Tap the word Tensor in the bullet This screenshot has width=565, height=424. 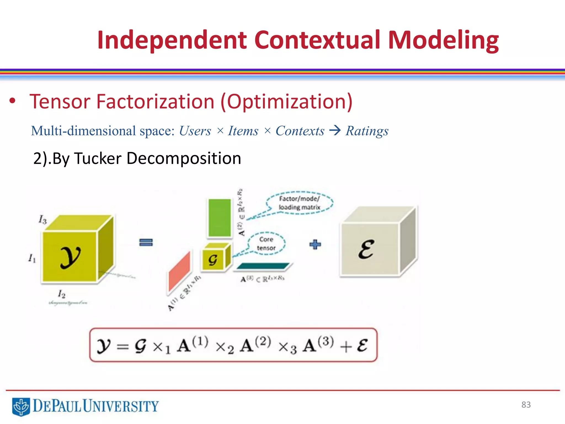tap(60, 102)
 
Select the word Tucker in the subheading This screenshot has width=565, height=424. tap(98, 158)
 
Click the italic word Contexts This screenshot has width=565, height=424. tap(300, 131)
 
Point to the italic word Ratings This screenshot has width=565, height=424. tap(367, 131)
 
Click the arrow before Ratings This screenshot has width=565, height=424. tap(335, 130)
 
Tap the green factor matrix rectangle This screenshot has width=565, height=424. tap(220, 218)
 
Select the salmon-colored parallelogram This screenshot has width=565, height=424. tap(180, 271)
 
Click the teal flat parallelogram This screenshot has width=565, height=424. tap(263, 266)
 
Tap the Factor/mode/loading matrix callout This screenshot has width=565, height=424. tap(300, 203)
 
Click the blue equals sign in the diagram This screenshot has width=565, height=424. tap(146, 242)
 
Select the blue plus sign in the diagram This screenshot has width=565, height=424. tap(315, 245)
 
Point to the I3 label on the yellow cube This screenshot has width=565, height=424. tap(42, 220)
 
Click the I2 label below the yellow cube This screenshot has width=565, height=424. tap(62, 294)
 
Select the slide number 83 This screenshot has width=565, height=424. tap(526, 405)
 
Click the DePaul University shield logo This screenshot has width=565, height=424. tap(21, 406)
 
